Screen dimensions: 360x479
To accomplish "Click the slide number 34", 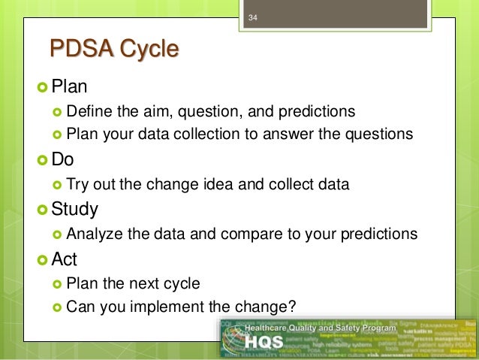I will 252,17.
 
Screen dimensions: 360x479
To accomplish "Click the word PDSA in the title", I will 78,50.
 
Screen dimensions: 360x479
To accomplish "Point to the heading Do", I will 63,159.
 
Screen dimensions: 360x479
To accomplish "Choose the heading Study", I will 74,208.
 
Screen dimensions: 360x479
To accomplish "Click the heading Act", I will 65,259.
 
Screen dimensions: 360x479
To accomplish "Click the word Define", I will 89,112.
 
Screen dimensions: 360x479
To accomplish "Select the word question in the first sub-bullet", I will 204,112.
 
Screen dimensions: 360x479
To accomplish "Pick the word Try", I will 77,184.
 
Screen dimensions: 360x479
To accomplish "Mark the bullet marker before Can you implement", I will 57,306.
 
